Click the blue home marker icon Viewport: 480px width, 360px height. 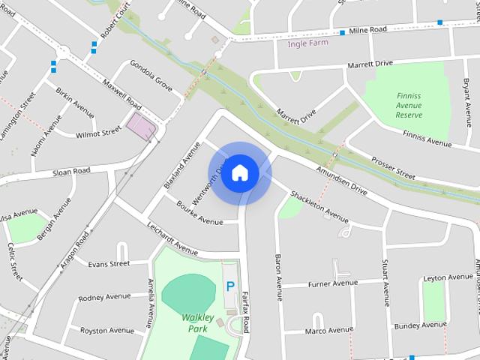point(239,172)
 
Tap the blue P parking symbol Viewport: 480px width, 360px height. point(230,286)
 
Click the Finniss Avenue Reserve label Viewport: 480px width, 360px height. point(409,105)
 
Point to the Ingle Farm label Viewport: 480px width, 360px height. point(308,43)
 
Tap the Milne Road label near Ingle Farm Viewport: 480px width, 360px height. point(367,29)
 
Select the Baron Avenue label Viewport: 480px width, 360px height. point(277,277)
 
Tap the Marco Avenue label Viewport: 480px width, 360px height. point(328,330)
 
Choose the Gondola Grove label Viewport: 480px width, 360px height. point(151,77)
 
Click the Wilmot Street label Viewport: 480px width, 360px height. point(97,133)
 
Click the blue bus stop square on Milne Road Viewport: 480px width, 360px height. point(342,32)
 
